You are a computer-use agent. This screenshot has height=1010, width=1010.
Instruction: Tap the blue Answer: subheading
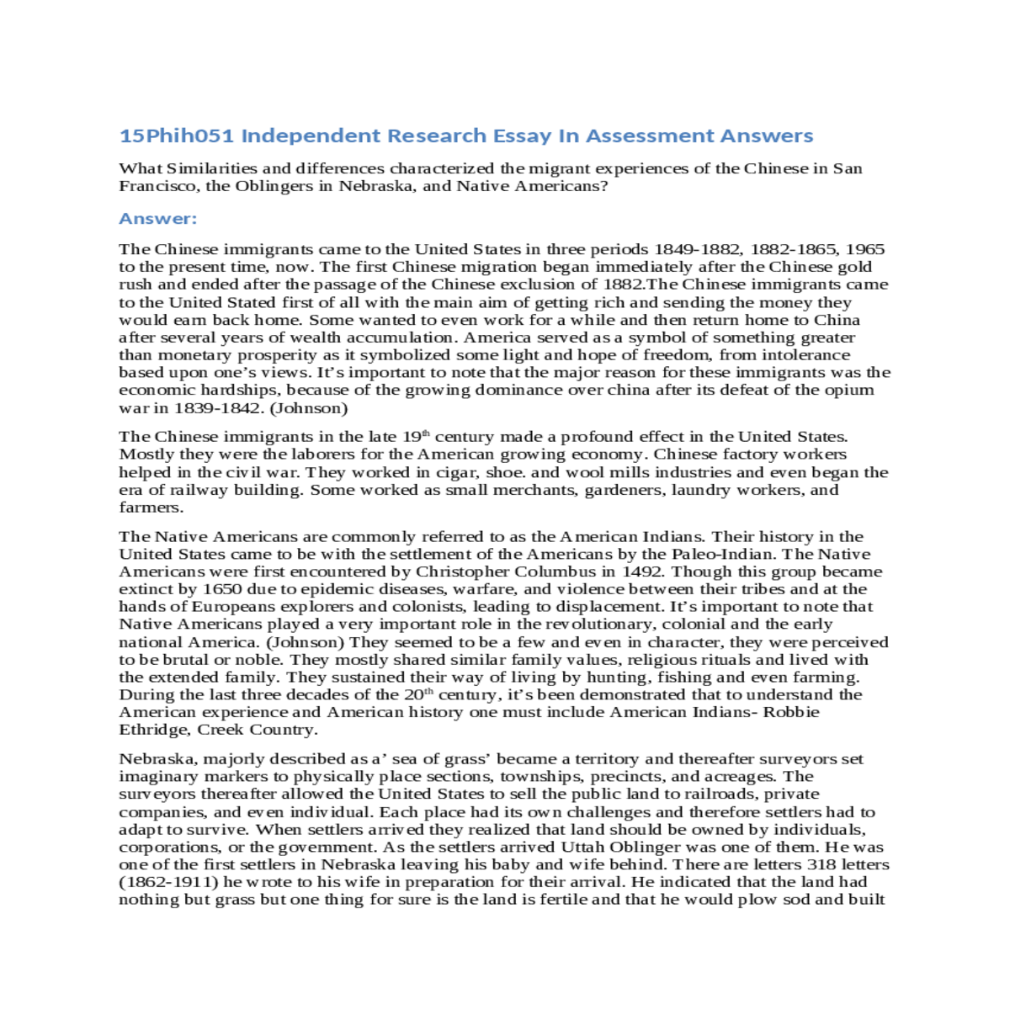(158, 219)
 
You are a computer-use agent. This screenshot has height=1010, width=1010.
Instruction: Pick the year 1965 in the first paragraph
(864, 249)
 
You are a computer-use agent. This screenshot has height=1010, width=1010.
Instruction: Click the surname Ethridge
(154, 730)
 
